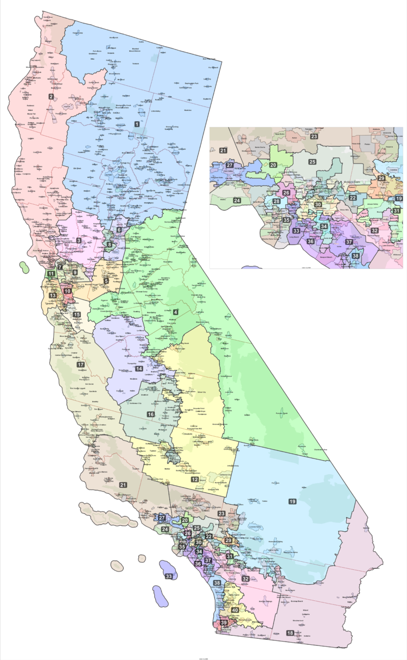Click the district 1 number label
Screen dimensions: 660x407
pyautogui.click(x=137, y=124)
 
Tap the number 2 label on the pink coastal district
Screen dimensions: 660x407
pyautogui.click(x=51, y=96)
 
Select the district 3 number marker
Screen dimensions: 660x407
pyautogui.click(x=79, y=240)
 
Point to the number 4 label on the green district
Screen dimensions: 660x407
pyautogui.click(x=176, y=312)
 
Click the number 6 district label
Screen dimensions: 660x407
pyautogui.click(x=119, y=230)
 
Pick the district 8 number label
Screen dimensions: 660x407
pyautogui.click(x=109, y=244)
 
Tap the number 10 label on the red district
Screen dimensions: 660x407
pyautogui.click(x=68, y=291)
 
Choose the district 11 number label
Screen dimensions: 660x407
pyautogui.click(x=50, y=274)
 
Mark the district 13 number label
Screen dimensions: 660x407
pyautogui.click(x=53, y=295)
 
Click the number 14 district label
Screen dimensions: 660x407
pyautogui.click(x=139, y=368)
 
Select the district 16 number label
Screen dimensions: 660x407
pyautogui.click(x=150, y=414)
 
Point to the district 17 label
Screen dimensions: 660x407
pyautogui.click(x=81, y=364)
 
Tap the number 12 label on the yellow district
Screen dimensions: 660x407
pyautogui.click(x=194, y=480)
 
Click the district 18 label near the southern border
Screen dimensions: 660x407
pyautogui.click(x=290, y=633)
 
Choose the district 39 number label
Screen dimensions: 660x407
pyautogui.click(x=224, y=623)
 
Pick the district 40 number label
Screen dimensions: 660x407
pyautogui.click(x=234, y=610)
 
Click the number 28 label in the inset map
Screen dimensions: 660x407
pyautogui.click(x=277, y=202)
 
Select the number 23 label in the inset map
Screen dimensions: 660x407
pyautogui.click(x=314, y=136)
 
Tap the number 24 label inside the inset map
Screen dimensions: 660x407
pyautogui.click(x=237, y=200)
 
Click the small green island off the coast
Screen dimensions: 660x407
pyautogui.click(x=23, y=267)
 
